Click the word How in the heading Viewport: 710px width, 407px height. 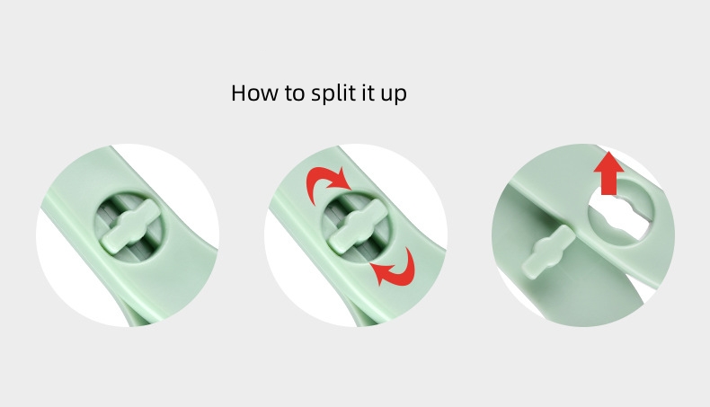[254, 93]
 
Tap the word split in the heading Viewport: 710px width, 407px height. [332, 93]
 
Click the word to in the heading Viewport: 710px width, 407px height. [294, 93]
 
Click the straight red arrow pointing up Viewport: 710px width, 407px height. [609, 173]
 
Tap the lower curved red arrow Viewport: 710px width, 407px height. [395, 269]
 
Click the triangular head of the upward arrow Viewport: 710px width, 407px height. [609, 162]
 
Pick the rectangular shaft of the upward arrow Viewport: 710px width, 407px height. [609, 183]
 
